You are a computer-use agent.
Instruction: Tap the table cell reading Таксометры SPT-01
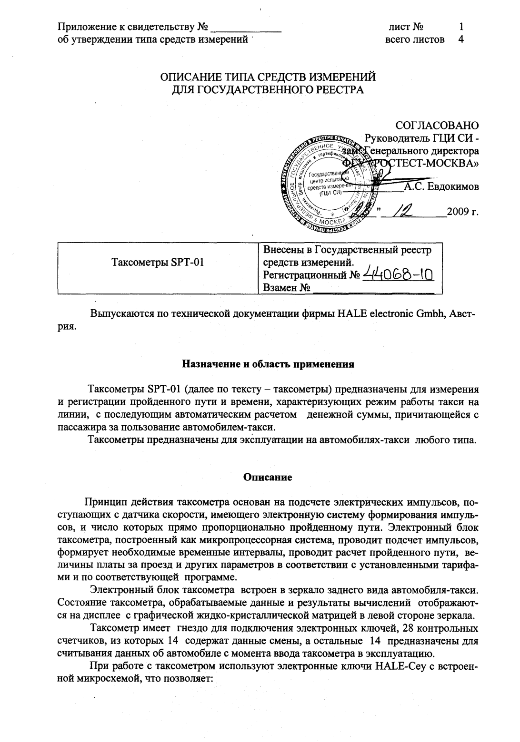[x=158, y=263]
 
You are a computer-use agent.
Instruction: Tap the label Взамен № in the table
[x=287, y=288]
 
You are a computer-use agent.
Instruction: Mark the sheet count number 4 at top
[x=460, y=39]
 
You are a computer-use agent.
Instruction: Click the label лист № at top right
[x=406, y=27]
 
